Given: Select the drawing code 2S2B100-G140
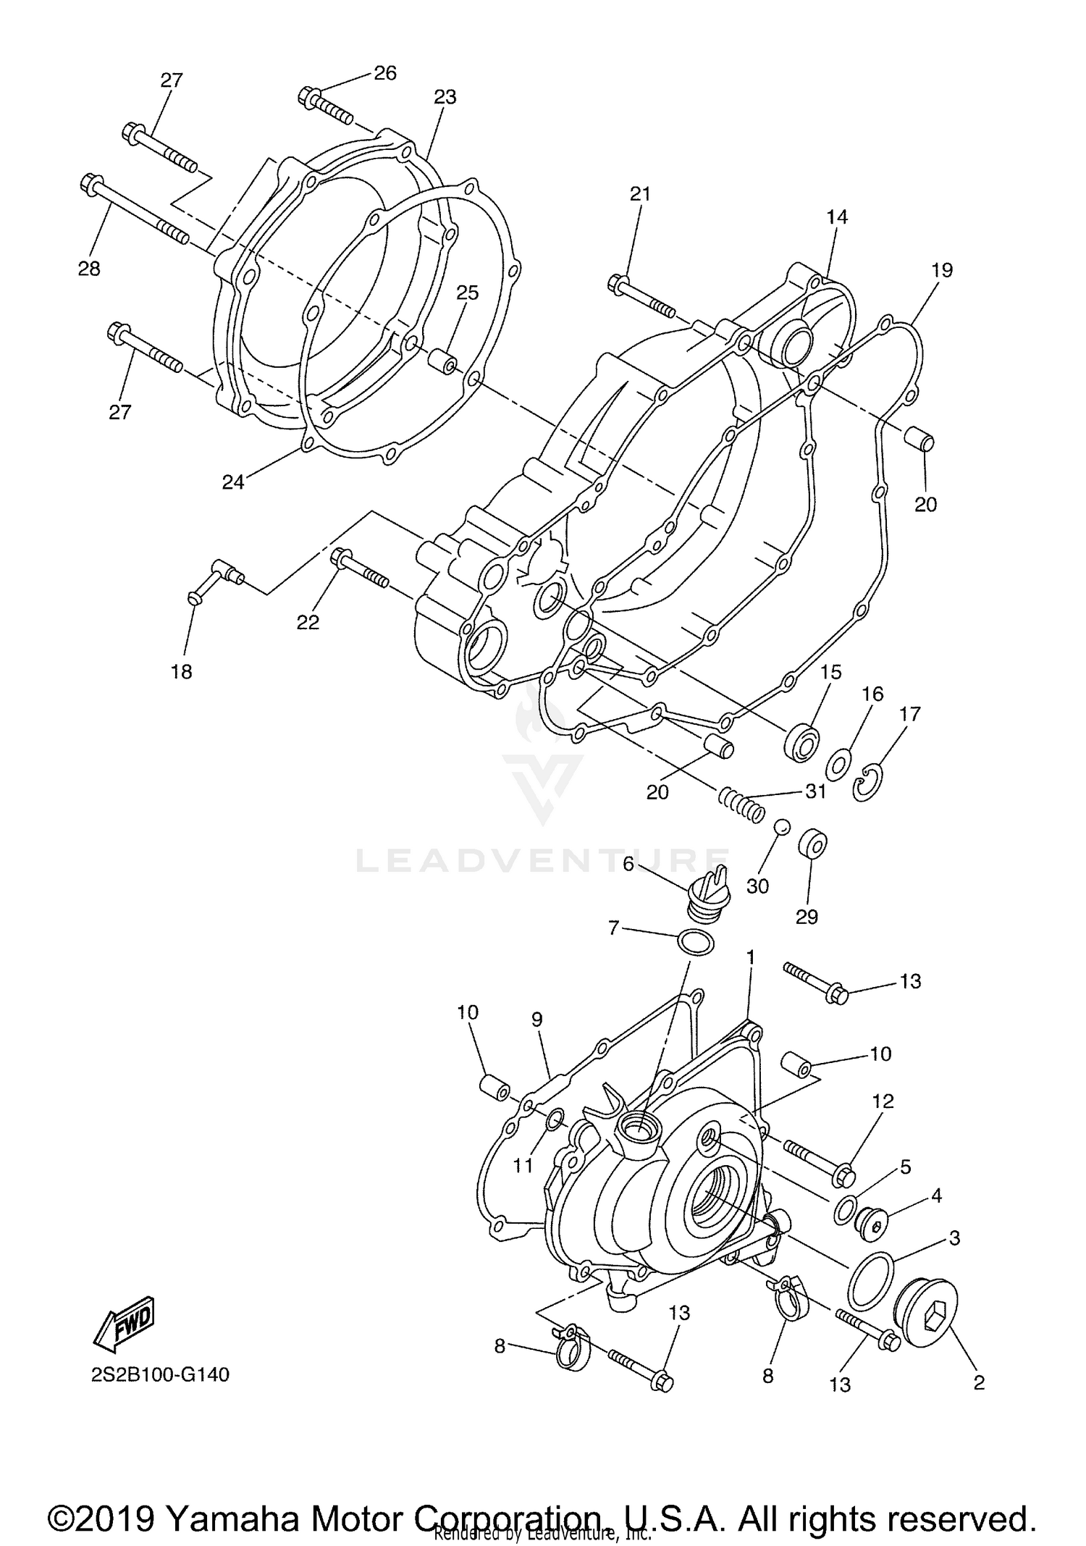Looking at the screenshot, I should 161,1374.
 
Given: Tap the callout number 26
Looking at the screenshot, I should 385,72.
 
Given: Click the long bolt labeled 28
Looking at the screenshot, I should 134,209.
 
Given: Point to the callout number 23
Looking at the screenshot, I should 445,96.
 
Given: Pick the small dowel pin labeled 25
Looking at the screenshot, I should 442,361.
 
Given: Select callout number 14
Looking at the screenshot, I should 836,217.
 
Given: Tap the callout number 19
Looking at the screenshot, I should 942,270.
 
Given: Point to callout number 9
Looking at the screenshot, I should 536,1019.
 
